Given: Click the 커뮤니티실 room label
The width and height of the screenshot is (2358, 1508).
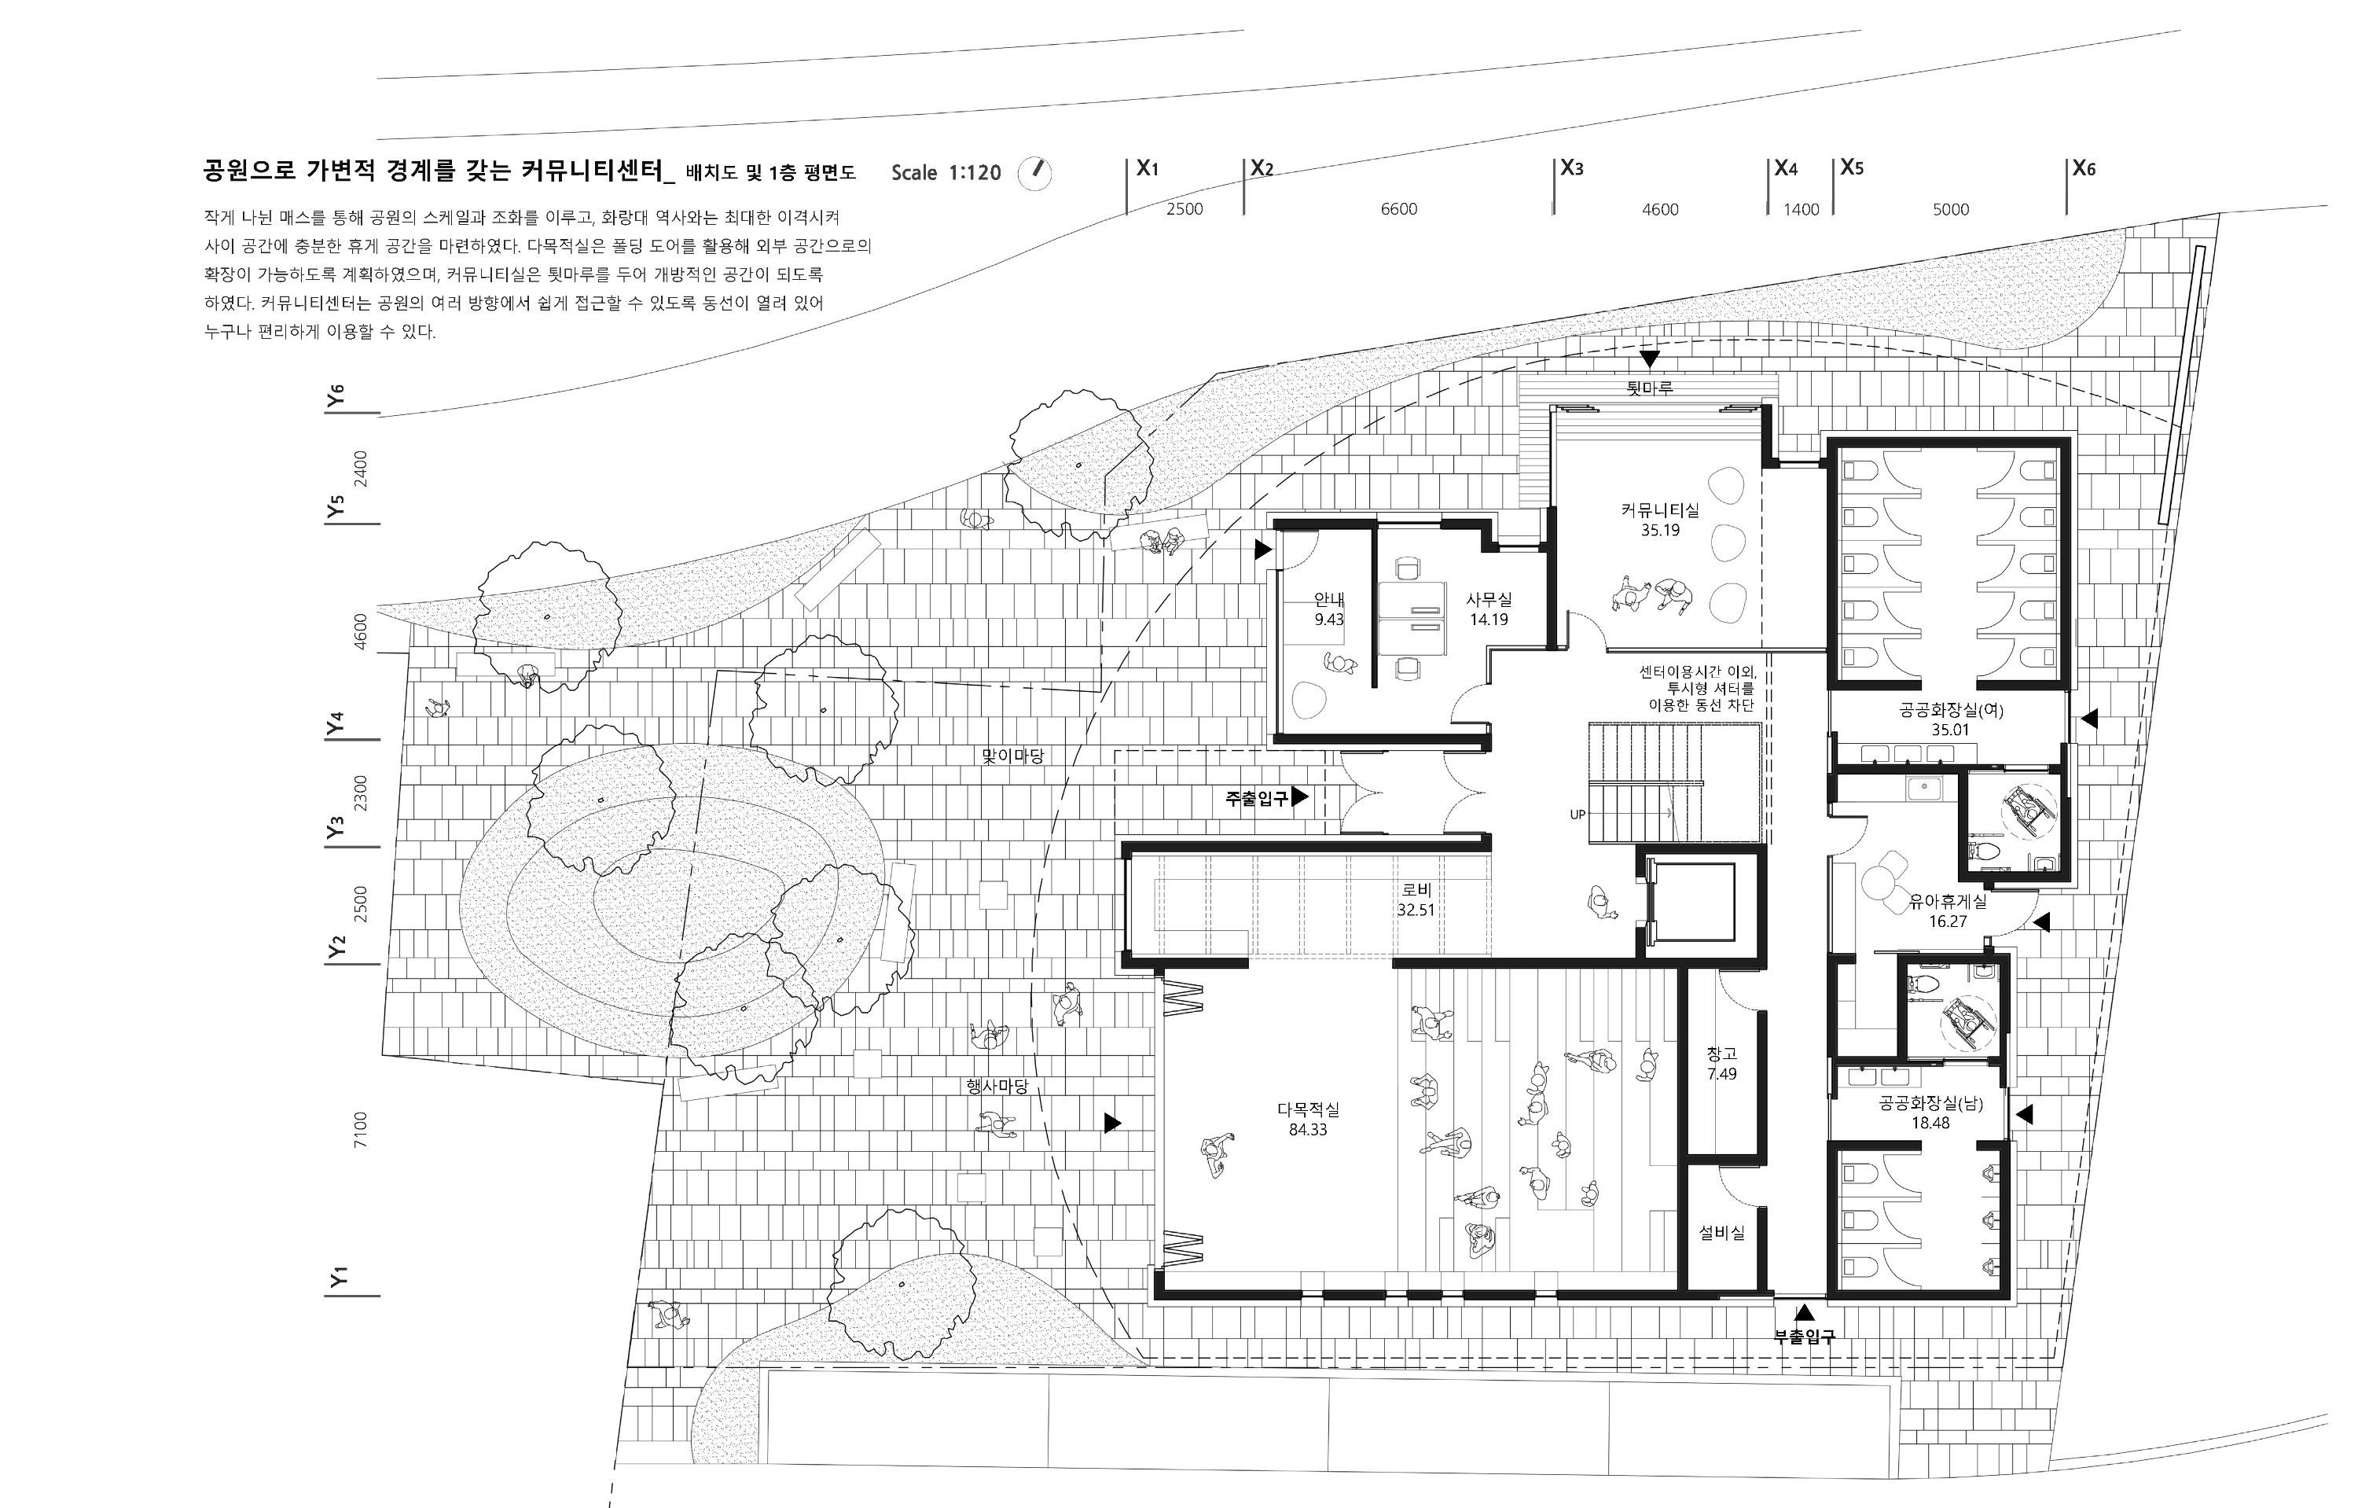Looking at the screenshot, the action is point(1660,510).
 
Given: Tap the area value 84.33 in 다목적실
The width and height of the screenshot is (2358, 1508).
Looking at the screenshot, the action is point(1308,1129).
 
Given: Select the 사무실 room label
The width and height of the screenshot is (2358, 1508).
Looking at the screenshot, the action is point(1489,599).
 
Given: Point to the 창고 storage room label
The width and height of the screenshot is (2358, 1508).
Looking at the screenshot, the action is point(1721,1054).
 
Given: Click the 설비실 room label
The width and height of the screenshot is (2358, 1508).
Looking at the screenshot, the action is point(1721,1234).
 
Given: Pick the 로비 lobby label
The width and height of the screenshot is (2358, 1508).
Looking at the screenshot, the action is point(1416,890).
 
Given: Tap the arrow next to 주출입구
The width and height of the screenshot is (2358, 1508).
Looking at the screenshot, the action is point(1299,797).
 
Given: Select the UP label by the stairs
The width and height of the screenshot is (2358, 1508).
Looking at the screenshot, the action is point(1578,815).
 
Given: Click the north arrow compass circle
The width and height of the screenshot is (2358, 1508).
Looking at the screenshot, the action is point(1035,173).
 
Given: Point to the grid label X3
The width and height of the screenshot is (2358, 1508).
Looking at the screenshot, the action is point(1572,167).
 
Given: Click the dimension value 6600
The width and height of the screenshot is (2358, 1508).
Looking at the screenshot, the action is point(1398,208).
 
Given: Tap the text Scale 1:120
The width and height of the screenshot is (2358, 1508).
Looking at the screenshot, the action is point(946,173).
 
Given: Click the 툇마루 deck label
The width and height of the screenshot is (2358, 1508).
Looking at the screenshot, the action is point(1649,388).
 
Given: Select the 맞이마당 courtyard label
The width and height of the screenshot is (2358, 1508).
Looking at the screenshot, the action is point(1012,756).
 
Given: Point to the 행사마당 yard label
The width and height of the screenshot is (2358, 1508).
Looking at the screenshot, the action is point(997,1086).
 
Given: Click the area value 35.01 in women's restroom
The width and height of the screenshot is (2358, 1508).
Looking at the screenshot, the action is point(1949,730).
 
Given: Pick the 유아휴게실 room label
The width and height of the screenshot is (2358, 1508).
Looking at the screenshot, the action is point(1948,902).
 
